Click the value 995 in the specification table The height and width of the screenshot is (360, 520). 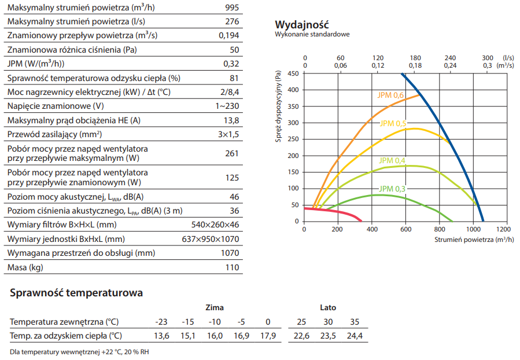(230, 8)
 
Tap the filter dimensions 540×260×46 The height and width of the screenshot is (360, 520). (215, 225)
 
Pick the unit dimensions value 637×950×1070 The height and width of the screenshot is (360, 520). (211, 239)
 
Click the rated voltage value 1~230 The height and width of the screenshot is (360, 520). (227, 106)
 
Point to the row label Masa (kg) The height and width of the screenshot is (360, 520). (25, 267)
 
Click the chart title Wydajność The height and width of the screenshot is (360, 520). (301, 24)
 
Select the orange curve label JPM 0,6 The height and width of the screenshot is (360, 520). (390, 95)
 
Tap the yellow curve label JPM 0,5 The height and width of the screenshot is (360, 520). (393, 123)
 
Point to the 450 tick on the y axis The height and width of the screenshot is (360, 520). (293, 74)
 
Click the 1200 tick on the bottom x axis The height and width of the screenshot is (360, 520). (504, 229)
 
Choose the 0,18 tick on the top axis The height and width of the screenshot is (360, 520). (415, 65)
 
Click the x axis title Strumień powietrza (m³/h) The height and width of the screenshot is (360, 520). (472, 238)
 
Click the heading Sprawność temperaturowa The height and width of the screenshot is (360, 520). (76, 293)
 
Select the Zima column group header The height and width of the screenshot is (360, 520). (214, 308)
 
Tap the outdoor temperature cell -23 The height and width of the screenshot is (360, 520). (161, 322)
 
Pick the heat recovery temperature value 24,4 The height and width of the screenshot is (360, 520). (355, 336)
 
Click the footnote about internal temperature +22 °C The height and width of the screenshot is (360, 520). (80, 352)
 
